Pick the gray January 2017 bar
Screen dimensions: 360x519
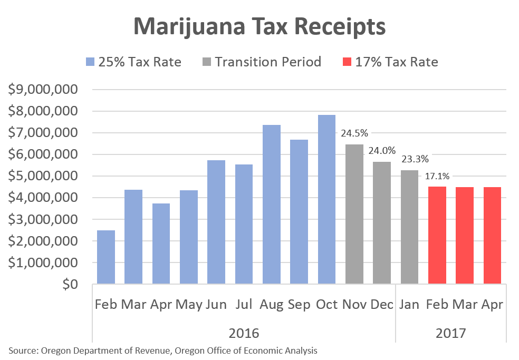pyautogui.click(x=409, y=227)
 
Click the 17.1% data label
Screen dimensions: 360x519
pyautogui.click(x=438, y=177)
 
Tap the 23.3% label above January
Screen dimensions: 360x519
pyautogui.click(x=415, y=159)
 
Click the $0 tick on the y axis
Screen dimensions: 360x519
pyautogui.click(x=69, y=284)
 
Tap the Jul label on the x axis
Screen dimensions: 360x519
pyautogui.click(x=244, y=305)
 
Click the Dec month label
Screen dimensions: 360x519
pyautogui.click(x=382, y=305)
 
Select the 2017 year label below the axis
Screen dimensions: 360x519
pyautogui.click(x=450, y=333)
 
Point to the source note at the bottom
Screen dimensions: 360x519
pyautogui.click(x=162, y=350)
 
